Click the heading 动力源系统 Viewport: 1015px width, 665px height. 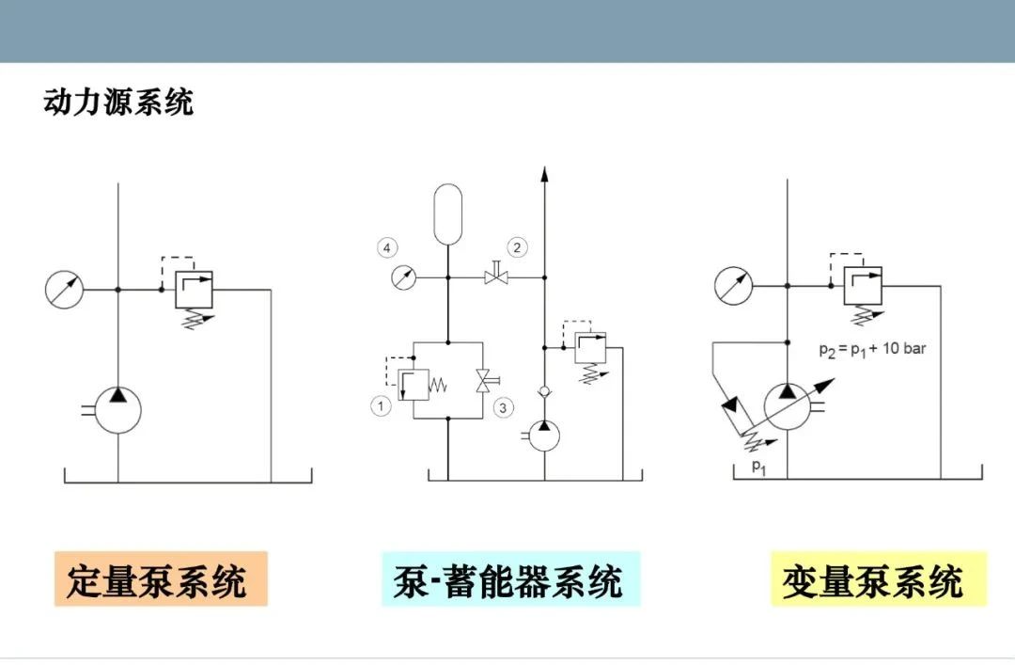tap(118, 102)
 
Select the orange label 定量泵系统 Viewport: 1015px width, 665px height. tap(161, 578)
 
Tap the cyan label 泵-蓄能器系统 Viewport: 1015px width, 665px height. tap(510, 578)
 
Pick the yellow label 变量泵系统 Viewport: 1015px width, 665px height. tap(879, 578)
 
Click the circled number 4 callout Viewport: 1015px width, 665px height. tap(387, 247)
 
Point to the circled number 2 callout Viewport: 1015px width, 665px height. tap(517, 247)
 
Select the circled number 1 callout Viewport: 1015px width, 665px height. tap(381, 406)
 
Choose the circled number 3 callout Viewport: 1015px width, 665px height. tap(503, 407)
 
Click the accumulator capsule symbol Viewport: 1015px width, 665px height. tap(448, 214)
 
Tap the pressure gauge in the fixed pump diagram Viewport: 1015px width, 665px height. tap(64, 289)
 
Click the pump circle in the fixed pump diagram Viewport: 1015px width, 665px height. tap(117, 410)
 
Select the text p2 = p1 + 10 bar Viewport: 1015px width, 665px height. tap(872, 349)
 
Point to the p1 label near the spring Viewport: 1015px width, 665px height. tap(758, 466)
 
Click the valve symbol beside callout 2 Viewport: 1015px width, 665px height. tap(496, 275)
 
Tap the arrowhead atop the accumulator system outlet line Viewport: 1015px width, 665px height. tap(544, 174)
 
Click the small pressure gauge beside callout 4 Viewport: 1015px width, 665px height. tap(404, 277)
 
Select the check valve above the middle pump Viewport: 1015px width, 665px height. tap(544, 391)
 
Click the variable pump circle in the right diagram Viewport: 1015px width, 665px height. tap(788, 406)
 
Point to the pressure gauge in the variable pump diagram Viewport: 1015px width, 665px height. tap(733, 285)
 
